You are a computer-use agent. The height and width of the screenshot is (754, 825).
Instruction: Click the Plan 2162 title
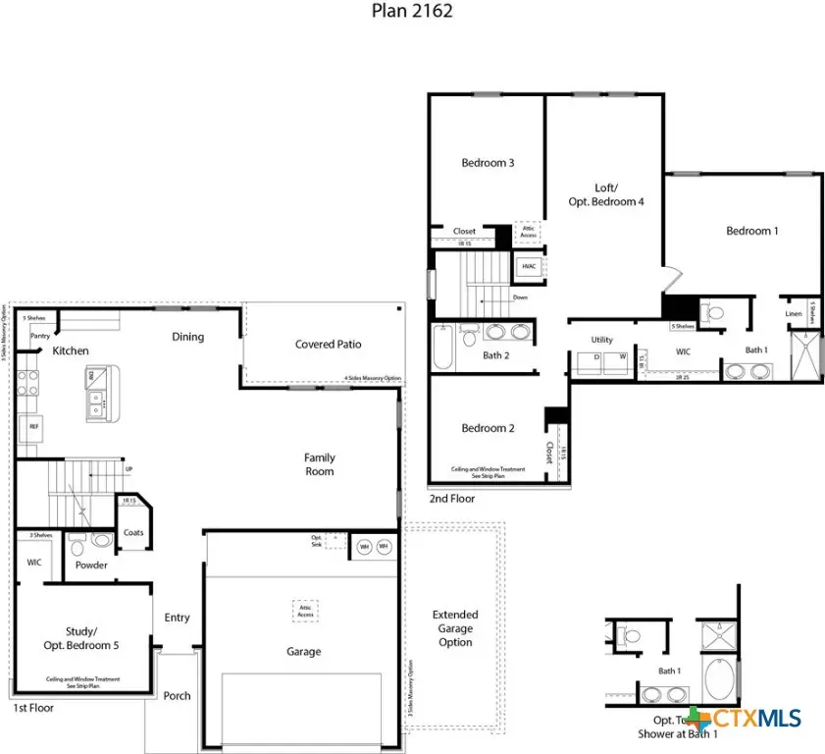click(x=412, y=12)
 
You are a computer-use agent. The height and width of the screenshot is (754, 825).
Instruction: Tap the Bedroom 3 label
click(x=488, y=163)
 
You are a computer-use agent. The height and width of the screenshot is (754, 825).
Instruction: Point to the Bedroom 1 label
click(x=751, y=231)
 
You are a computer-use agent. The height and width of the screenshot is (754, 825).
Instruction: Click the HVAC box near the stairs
click(x=529, y=266)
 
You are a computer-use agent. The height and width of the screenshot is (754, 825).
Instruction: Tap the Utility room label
click(x=601, y=340)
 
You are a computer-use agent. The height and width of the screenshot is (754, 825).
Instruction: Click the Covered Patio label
click(x=328, y=345)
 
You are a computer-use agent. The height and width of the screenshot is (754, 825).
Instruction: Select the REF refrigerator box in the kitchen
click(x=33, y=428)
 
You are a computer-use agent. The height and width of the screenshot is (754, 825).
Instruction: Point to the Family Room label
click(x=319, y=464)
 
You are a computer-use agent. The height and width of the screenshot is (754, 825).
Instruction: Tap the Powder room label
click(x=91, y=565)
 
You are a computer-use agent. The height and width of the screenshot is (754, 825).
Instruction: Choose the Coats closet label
click(x=133, y=533)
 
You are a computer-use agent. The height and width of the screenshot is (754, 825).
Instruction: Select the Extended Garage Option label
click(x=455, y=628)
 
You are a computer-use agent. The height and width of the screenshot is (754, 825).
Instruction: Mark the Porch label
click(x=178, y=696)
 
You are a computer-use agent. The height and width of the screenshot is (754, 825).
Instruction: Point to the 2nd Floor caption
click(x=451, y=499)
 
